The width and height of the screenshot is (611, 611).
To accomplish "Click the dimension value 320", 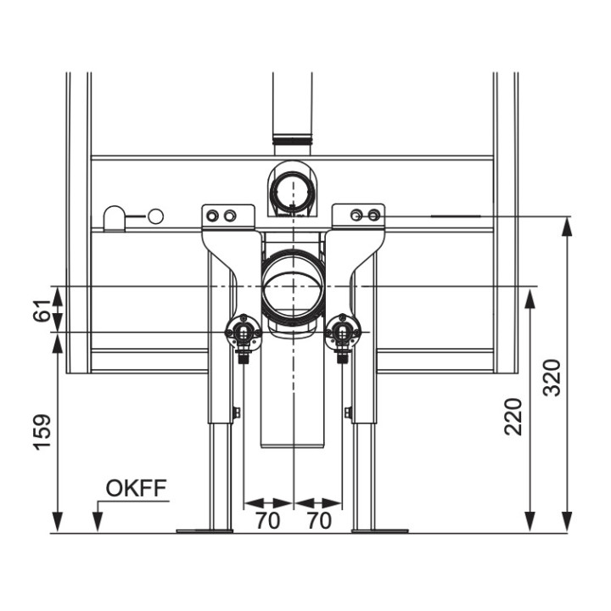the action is [552, 378].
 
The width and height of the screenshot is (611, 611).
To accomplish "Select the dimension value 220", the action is [513, 417].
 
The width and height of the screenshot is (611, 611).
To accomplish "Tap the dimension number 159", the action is [42, 433].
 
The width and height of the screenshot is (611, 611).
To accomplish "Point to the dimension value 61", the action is [42, 311].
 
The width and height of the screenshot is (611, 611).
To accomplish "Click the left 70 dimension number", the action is [267, 520].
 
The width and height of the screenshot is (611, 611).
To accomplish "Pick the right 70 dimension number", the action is [319, 520].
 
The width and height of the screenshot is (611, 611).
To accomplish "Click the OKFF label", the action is [137, 488].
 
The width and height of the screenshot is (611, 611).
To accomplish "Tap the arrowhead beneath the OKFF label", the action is [98, 522].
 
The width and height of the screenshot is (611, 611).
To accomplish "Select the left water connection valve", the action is [244, 335].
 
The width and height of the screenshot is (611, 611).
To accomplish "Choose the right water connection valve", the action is [343, 335].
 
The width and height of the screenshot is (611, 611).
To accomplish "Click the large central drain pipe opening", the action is [293, 287].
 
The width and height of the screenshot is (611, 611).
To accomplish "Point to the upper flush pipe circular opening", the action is [292, 192].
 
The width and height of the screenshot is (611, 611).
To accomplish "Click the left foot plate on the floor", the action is [205, 530].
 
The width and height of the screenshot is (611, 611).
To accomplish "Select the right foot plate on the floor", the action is [380, 530].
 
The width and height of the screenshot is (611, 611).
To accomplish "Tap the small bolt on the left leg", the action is [236, 412].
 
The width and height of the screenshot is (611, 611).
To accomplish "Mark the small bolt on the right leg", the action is [348, 412].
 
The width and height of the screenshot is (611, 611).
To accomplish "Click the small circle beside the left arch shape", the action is [156, 216].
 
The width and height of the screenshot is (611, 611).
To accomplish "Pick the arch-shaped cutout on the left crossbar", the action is [115, 219].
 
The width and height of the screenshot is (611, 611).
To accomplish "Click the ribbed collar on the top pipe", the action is [293, 137].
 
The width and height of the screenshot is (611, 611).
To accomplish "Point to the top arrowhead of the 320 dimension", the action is [568, 227].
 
